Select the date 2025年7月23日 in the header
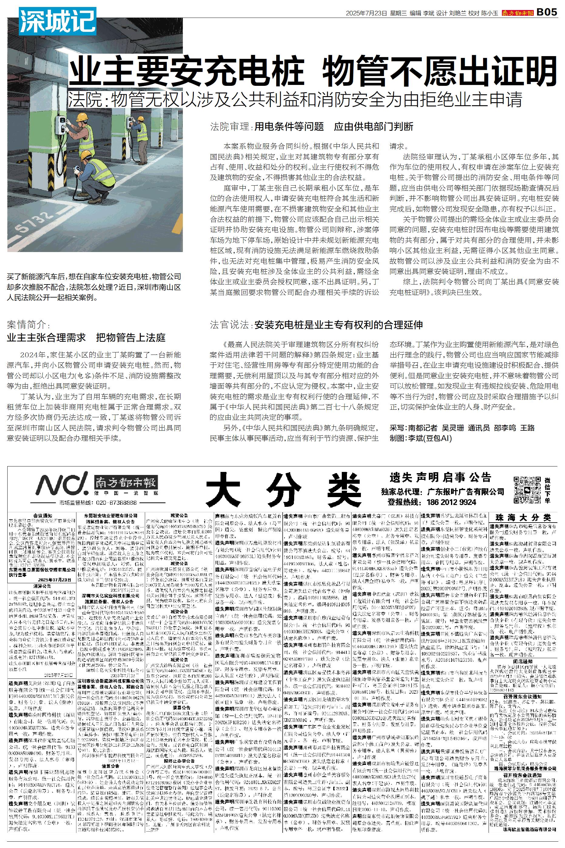[x=366, y=13]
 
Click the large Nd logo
[x=61, y=485]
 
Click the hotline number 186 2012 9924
[x=452, y=502]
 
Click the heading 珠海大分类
[x=523, y=518]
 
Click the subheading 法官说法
[x=230, y=325]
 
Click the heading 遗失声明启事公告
[x=440, y=478]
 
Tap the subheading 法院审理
[x=230, y=127]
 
